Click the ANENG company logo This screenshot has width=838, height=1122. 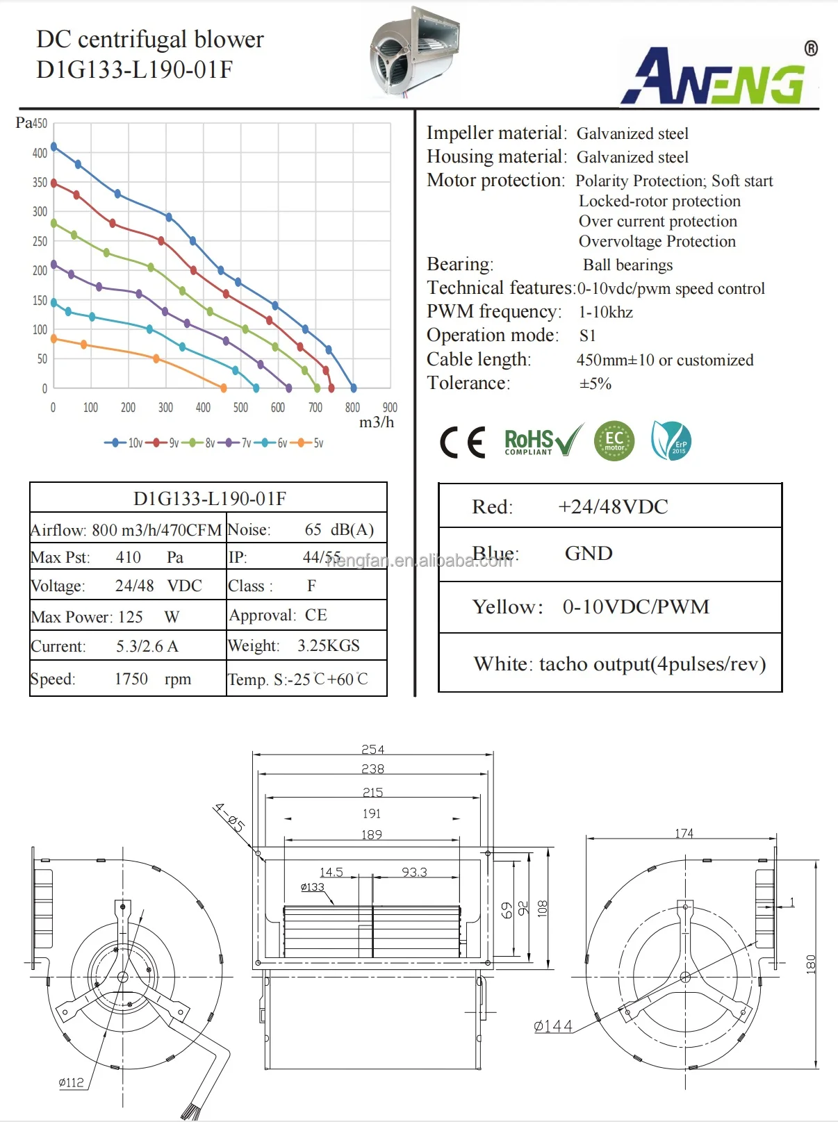(x=719, y=76)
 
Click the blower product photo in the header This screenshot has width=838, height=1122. (x=414, y=52)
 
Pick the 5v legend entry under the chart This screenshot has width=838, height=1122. (x=310, y=443)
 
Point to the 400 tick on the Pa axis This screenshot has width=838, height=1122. (x=40, y=153)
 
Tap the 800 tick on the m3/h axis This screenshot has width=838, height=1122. (x=352, y=408)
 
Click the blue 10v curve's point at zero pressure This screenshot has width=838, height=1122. (x=353, y=388)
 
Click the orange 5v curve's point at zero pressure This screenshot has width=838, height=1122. (x=223, y=388)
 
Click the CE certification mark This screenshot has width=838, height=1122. (x=462, y=442)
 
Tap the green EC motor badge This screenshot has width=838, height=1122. (x=614, y=440)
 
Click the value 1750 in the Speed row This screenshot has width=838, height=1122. (x=131, y=679)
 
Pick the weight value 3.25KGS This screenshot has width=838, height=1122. (x=329, y=645)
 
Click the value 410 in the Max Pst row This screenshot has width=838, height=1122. (x=129, y=557)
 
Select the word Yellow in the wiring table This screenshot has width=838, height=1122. (x=506, y=607)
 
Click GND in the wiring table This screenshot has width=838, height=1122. (x=589, y=553)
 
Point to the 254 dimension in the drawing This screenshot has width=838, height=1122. (x=372, y=749)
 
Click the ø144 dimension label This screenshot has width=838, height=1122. (x=553, y=1026)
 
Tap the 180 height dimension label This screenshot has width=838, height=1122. (x=811, y=964)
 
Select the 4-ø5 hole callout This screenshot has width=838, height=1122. (x=230, y=817)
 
